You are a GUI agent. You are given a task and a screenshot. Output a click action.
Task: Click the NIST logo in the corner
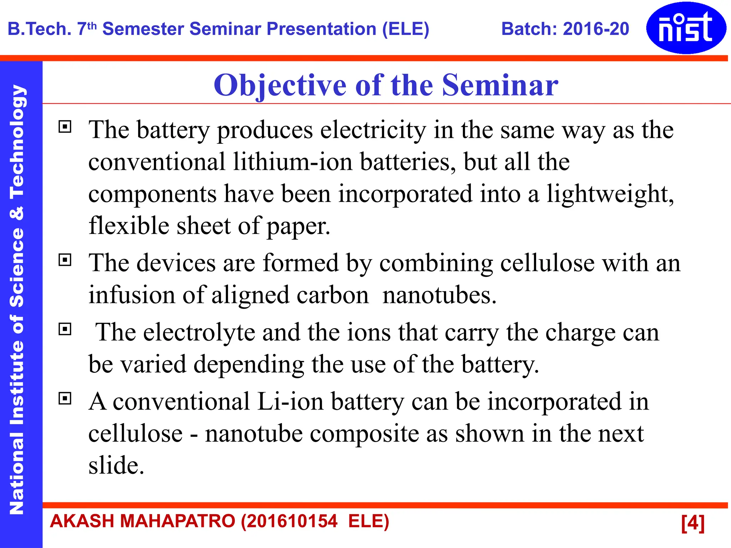pos(686,28)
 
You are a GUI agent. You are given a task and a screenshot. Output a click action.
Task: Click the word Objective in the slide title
pos(280,85)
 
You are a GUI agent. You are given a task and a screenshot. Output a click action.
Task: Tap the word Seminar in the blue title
pos(500,85)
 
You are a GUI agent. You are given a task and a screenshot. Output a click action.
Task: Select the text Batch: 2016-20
pos(565,29)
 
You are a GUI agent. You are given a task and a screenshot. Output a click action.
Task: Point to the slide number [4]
pos(692,523)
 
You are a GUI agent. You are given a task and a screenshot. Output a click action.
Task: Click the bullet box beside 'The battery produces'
pos(65,127)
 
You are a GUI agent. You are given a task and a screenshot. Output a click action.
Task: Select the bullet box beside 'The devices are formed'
pos(65,260)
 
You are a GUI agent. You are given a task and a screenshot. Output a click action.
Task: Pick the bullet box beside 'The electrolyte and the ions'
pos(65,329)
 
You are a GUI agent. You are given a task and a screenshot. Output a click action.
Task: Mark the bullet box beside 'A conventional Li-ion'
pos(65,398)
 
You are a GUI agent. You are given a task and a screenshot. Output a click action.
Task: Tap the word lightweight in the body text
pos(610,194)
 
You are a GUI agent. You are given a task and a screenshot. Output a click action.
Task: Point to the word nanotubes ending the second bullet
pos(439,295)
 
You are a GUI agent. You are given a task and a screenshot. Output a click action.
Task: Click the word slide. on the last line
pos(116,465)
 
